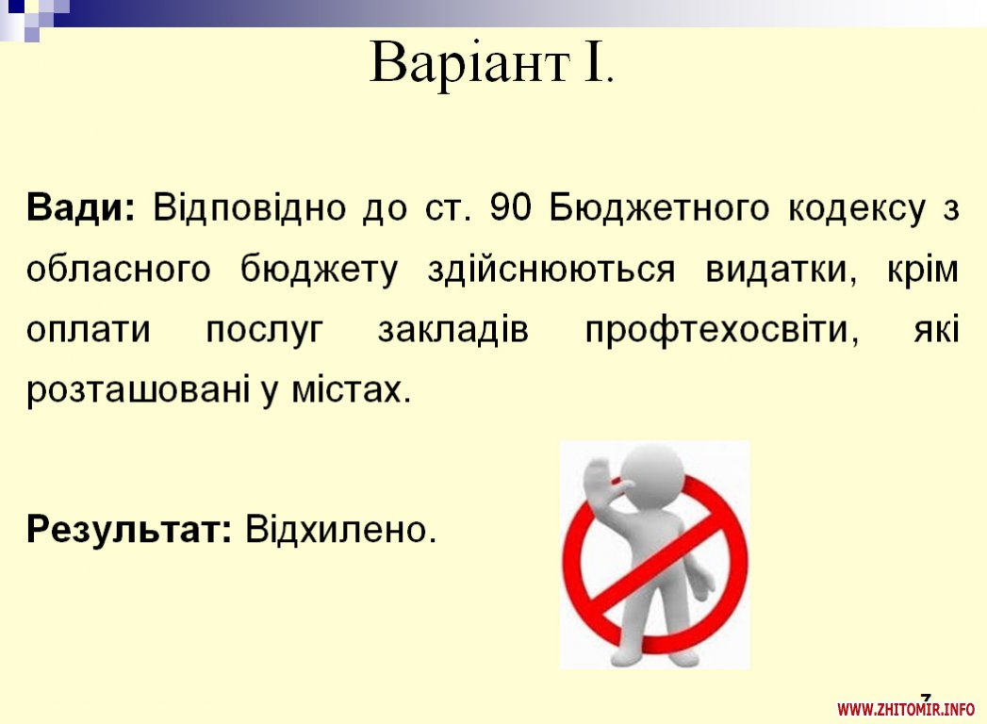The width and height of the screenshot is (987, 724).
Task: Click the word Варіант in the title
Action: click(469, 63)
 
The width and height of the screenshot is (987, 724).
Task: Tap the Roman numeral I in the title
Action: click(594, 61)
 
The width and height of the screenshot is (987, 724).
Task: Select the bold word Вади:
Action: click(80, 207)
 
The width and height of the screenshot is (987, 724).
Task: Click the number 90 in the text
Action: click(511, 207)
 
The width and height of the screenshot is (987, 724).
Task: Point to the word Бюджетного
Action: click(659, 208)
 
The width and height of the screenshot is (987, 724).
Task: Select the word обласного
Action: click(119, 269)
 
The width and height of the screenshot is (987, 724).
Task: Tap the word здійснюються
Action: click(551, 270)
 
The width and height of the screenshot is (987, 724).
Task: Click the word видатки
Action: click(781, 270)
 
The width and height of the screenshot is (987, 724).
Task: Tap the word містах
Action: click(352, 389)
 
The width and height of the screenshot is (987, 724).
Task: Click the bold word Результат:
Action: click(129, 529)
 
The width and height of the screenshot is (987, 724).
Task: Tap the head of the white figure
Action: click(652, 474)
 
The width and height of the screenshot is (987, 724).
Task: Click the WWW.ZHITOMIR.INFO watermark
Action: click(906, 710)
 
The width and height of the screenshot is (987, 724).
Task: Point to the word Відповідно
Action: click(249, 208)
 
